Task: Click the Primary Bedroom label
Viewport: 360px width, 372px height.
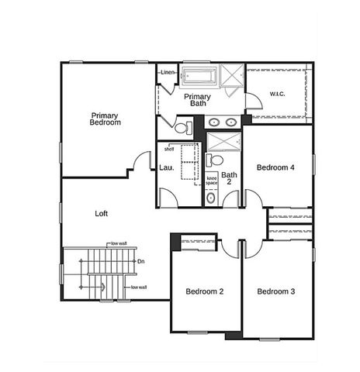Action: click(x=105, y=119)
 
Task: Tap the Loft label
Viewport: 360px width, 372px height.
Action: click(x=102, y=213)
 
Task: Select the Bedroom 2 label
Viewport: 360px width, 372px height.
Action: click(x=205, y=291)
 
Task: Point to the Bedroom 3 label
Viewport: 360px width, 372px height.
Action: click(x=276, y=291)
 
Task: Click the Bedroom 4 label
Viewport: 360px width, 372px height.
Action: click(x=276, y=167)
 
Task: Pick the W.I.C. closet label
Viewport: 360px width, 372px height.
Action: click(x=278, y=95)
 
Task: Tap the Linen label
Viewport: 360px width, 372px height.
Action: click(x=167, y=73)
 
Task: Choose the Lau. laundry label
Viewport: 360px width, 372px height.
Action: click(x=166, y=167)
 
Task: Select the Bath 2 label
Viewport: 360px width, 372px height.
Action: click(x=229, y=179)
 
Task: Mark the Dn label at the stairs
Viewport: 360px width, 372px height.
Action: click(x=140, y=261)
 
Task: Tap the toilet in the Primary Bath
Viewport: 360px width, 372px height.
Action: click(x=182, y=128)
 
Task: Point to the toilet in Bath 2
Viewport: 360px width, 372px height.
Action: click(x=216, y=160)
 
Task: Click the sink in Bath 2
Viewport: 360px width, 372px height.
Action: click(x=212, y=198)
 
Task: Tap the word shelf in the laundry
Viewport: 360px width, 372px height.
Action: click(x=168, y=149)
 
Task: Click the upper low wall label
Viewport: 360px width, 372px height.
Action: click(x=117, y=243)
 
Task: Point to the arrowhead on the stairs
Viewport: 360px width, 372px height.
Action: click(x=101, y=288)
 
